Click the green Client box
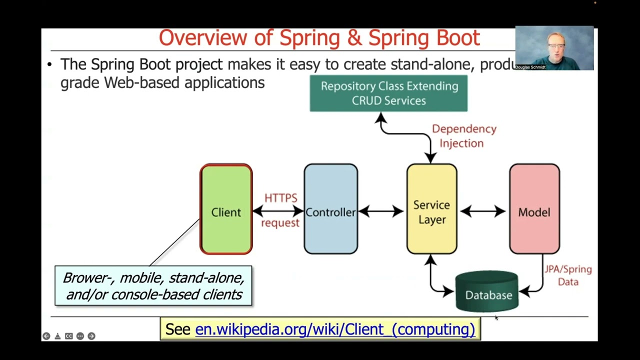coord(226,209)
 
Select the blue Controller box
coord(330,209)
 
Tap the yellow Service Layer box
coord(431,209)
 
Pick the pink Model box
coord(534,209)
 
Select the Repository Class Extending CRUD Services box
coord(388,93)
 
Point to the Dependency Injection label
coord(463,136)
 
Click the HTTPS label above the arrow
coord(280,198)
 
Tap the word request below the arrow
coord(280,223)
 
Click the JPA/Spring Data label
coord(568,275)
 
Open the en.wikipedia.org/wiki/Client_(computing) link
coord(334,329)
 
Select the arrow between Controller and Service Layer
coord(381,211)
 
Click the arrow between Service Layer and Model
coord(482,211)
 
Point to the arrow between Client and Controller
coord(278,211)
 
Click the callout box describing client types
coord(153,286)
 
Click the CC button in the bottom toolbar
coord(68,336)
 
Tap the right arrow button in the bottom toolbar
coord(91,336)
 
